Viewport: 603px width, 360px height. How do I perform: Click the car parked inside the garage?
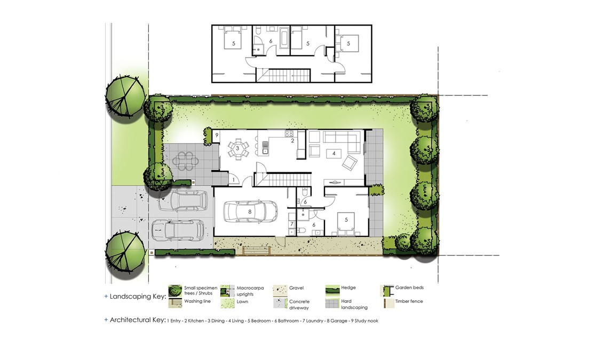click(250, 211)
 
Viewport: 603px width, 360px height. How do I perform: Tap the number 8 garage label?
click(250, 211)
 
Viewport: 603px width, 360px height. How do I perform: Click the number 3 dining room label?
click(237, 148)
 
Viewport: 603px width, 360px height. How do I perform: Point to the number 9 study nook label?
click(217, 135)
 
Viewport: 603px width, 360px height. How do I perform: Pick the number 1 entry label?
click(233, 179)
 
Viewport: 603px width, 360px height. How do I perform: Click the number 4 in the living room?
click(334, 153)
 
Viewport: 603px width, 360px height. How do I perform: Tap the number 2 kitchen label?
click(292, 141)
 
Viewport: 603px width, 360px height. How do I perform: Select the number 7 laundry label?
click(292, 224)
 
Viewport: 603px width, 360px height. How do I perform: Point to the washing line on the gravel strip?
click(257, 250)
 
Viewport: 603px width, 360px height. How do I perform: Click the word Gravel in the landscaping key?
click(297, 288)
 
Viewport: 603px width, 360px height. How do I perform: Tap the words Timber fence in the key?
click(409, 301)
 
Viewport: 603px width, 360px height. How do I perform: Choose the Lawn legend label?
click(242, 302)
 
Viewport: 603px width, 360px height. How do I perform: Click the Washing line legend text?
click(197, 301)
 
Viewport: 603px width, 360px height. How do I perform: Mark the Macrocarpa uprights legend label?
click(250, 291)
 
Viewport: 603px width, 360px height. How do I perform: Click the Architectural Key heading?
click(137, 320)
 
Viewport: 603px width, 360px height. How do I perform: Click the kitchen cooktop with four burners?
click(289, 134)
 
